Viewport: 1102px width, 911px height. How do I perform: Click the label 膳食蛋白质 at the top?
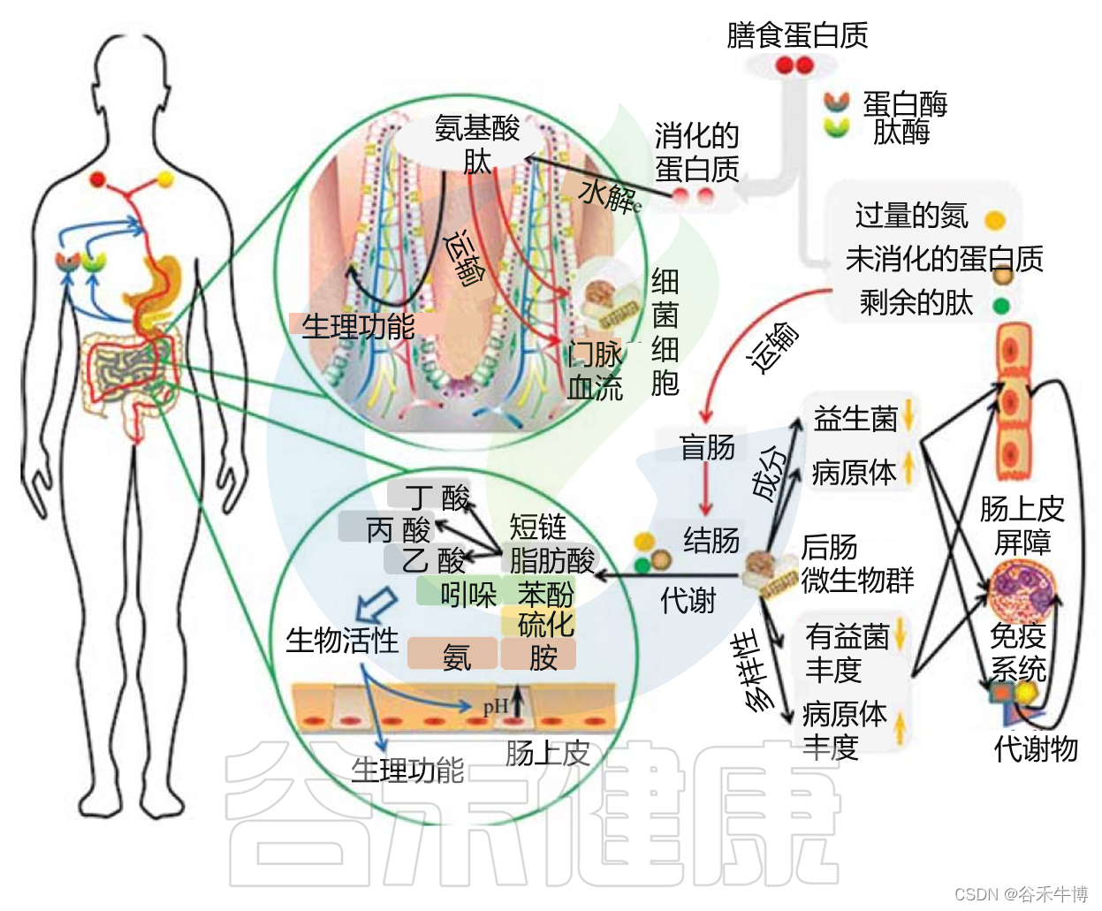coord(796,35)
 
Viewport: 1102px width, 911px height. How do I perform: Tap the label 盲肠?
coord(706,447)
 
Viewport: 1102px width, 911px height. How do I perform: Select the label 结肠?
coord(711,539)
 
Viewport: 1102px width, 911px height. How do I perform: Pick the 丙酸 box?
coord(397,529)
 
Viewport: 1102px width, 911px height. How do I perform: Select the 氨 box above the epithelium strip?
coord(454,657)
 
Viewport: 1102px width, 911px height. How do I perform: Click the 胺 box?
coord(542,657)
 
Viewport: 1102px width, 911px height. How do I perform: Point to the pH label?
coord(495,706)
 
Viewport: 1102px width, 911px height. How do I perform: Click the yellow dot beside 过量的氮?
coord(994,219)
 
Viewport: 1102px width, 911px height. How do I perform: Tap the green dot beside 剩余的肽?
coord(1000,306)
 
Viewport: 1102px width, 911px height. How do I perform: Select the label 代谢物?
coord(1036,748)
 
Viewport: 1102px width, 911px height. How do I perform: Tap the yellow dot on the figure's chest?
coord(164,181)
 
